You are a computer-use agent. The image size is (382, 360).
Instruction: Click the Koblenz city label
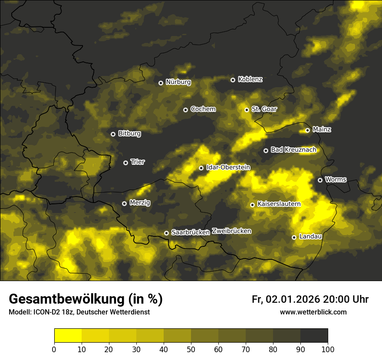[x=250, y=79]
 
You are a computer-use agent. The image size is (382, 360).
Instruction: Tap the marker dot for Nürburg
[x=161, y=83]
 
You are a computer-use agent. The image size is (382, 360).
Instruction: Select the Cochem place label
[x=203, y=109]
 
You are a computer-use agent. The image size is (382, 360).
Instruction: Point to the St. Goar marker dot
[x=247, y=110]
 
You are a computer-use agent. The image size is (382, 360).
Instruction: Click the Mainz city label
[x=322, y=130]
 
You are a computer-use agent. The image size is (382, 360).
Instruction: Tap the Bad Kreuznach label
[x=293, y=150]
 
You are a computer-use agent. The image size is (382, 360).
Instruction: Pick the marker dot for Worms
[x=320, y=180]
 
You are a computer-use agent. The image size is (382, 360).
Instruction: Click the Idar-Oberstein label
[x=228, y=167]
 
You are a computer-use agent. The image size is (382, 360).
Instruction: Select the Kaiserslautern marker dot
[x=252, y=205]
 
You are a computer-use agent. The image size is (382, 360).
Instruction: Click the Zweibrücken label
[x=231, y=231]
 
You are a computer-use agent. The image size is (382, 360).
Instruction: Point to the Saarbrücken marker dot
[x=166, y=233]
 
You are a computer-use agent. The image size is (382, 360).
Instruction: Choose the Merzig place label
[x=140, y=203]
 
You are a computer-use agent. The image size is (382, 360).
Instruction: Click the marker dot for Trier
[x=125, y=163]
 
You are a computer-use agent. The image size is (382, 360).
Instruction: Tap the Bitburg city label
[x=129, y=134]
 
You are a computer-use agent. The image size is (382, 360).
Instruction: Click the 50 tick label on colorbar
[x=191, y=350]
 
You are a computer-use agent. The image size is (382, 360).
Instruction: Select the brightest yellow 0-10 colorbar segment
[x=68, y=336]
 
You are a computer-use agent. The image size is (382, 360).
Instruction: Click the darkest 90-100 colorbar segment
[x=314, y=336]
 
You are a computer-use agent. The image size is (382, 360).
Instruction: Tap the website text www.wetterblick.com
[x=313, y=312]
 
